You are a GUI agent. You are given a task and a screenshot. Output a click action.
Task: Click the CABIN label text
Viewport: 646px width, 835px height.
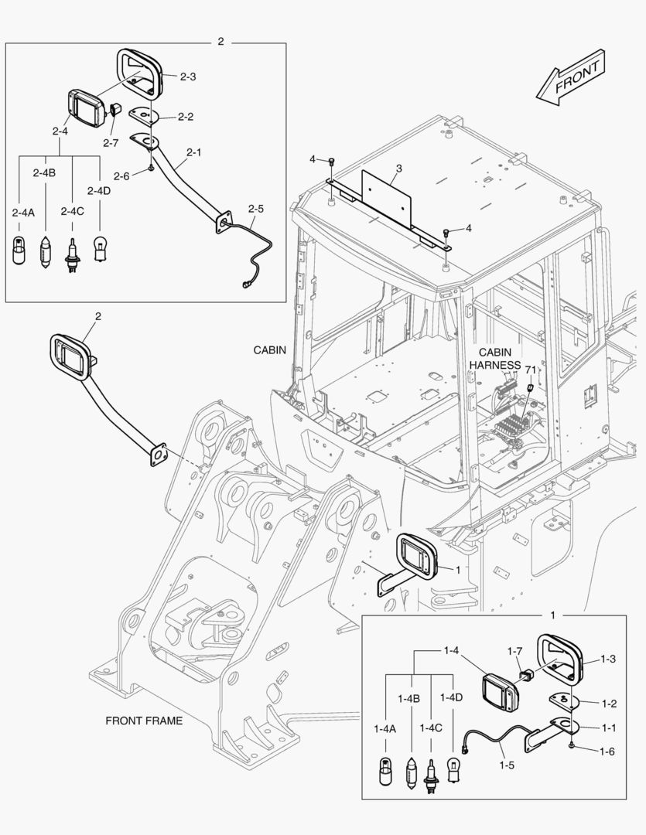270,349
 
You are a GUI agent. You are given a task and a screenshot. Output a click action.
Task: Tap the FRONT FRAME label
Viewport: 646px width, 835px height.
144,721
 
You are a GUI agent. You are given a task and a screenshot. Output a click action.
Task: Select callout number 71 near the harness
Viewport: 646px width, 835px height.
531,370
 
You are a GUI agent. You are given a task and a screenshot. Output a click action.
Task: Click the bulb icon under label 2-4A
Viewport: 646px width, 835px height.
19,251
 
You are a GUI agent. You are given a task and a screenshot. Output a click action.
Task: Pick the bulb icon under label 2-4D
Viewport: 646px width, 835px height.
99,249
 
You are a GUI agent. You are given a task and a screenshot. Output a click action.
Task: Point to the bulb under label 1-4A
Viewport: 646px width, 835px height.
384,772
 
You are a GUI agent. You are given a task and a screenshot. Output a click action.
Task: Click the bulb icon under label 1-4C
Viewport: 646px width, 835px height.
430,774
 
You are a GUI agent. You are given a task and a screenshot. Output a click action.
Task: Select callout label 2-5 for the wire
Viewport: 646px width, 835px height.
255,209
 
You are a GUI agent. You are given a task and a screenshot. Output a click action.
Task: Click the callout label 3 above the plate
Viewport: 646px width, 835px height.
398,167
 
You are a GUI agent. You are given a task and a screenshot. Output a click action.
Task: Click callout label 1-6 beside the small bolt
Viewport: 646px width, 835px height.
607,751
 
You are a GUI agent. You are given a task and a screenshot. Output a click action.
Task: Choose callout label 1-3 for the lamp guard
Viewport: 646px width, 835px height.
608,659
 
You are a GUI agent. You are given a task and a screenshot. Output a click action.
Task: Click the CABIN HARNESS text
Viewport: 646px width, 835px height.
495,357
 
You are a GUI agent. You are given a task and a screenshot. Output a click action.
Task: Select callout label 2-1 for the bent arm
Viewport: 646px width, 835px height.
193,152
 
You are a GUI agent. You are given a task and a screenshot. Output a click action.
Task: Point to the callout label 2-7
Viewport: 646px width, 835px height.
111,142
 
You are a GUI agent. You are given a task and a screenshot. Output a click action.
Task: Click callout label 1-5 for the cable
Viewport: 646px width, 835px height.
506,765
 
